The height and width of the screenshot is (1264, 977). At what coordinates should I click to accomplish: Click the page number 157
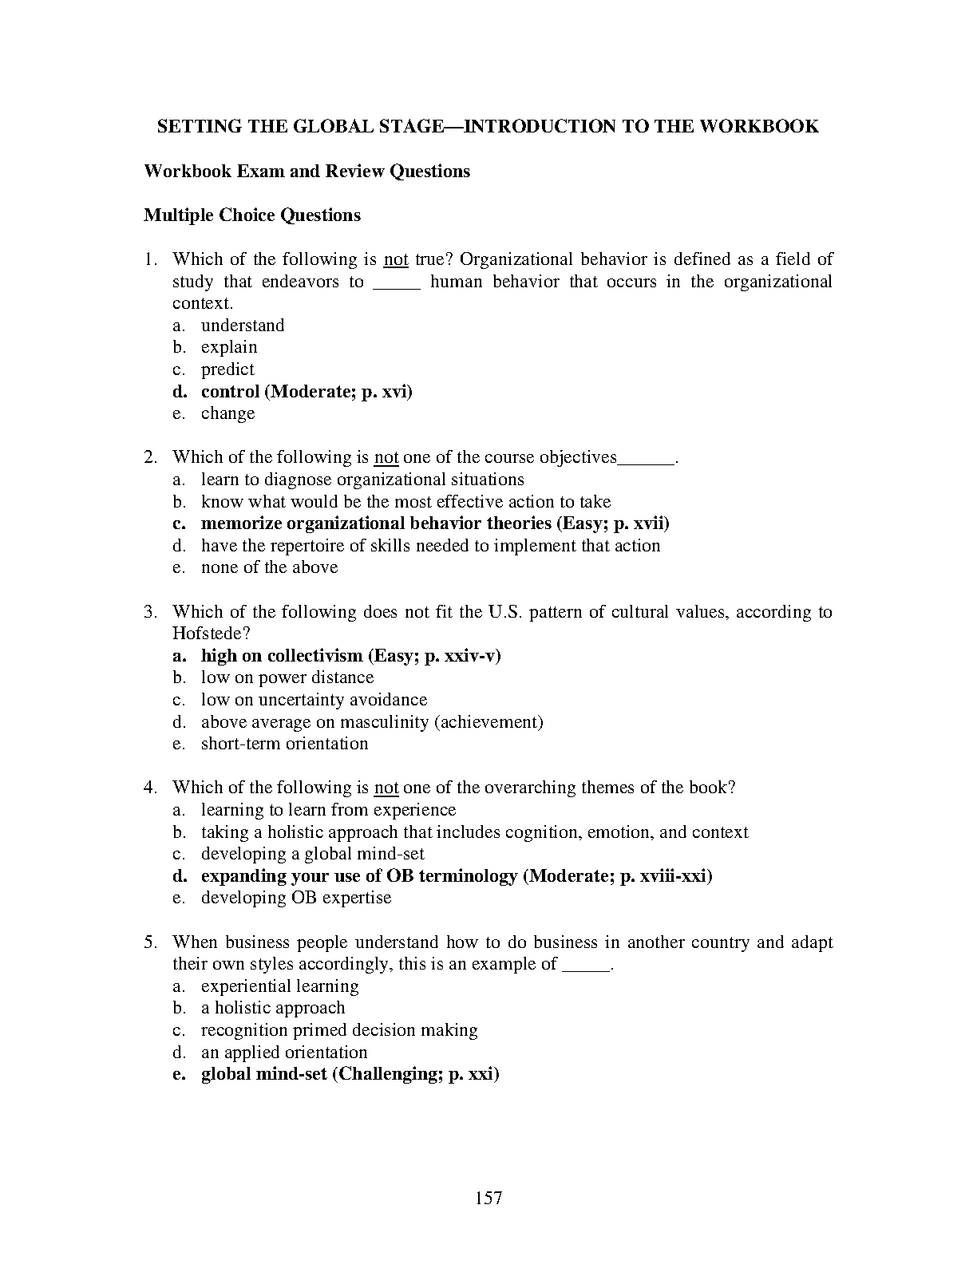click(x=488, y=1197)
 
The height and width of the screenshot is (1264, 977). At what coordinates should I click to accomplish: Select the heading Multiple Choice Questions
click(x=252, y=215)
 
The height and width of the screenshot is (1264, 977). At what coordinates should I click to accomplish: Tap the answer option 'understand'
click(x=243, y=326)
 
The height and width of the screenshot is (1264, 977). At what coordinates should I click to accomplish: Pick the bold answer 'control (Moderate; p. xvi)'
click(x=307, y=392)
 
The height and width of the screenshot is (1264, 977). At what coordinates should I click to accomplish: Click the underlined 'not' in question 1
click(x=396, y=259)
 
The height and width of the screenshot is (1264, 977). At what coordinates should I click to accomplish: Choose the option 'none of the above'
click(x=269, y=567)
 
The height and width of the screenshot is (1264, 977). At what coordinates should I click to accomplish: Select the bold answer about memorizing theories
click(x=435, y=523)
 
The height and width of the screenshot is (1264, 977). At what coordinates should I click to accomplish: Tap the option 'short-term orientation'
click(x=284, y=744)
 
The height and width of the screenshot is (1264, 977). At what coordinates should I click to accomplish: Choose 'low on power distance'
click(x=287, y=677)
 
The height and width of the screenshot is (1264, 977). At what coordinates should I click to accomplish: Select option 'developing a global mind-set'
click(x=313, y=854)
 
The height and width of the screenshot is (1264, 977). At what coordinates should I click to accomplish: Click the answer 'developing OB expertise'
click(x=296, y=898)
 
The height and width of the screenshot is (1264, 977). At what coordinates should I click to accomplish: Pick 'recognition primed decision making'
click(x=339, y=1030)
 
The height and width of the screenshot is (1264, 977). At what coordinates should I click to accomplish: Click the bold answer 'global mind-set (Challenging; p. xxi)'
click(x=350, y=1074)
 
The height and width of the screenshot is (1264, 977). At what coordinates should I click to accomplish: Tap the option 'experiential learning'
click(x=279, y=986)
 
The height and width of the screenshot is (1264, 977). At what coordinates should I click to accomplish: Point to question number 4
click(x=150, y=788)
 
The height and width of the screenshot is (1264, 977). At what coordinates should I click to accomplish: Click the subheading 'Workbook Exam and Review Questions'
click(x=307, y=172)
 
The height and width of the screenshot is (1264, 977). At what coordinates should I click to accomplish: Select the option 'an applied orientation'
click(x=284, y=1053)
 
